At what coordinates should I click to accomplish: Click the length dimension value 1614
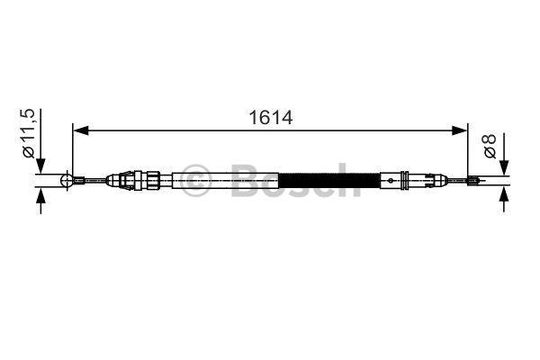click(270, 118)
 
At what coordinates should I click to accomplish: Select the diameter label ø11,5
click(29, 133)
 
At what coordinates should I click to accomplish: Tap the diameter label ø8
click(490, 146)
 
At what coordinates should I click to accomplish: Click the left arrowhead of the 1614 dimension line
click(81, 130)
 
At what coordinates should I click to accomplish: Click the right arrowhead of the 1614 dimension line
click(459, 130)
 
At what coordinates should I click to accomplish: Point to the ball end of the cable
click(67, 180)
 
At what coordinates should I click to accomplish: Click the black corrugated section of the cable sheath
click(329, 180)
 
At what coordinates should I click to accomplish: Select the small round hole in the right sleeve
click(391, 180)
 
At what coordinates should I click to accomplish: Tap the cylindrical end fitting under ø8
click(473, 180)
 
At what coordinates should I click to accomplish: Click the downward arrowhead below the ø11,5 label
click(40, 166)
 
